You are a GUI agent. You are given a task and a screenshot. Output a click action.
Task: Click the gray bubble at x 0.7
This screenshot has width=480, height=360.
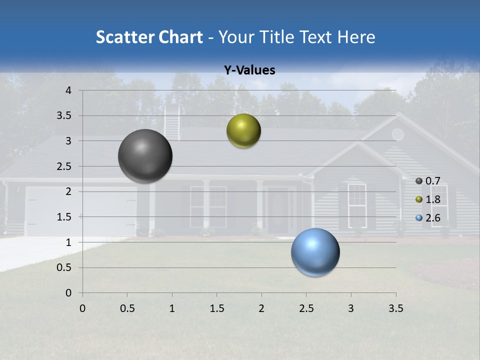(x=145, y=156)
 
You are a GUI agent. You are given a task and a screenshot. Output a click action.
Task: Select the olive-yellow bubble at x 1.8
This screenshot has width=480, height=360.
(x=243, y=131)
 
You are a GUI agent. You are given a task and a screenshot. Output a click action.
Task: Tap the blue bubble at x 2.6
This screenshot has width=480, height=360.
(x=315, y=252)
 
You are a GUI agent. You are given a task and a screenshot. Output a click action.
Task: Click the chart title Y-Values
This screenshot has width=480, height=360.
(x=249, y=70)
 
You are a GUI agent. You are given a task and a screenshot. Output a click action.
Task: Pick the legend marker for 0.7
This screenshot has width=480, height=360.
(x=419, y=181)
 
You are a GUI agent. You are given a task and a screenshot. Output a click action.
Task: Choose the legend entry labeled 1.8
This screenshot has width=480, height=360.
(x=432, y=199)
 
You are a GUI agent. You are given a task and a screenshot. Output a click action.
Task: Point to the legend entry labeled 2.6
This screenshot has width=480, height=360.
(x=432, y=218)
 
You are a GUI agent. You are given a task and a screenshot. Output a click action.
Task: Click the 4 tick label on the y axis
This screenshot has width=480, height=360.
(x=68, y=90)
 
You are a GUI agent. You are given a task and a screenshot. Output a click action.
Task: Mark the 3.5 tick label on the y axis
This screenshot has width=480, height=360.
(x=64, y=115)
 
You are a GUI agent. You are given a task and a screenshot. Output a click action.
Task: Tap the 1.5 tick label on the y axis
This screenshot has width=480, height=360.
(x=64, y=217)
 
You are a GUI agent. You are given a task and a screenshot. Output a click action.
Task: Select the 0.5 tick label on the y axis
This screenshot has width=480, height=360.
(x=64, y=267)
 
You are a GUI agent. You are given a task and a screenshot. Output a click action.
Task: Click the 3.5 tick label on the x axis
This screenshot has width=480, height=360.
(x=395, y=308)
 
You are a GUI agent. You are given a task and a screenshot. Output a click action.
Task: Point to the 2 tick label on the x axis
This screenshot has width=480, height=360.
(x=261, y=308)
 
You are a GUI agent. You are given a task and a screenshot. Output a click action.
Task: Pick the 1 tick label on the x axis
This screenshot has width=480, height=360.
(x=172, y=308)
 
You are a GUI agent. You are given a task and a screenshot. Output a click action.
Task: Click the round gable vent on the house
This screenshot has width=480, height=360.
(x=397, y=134)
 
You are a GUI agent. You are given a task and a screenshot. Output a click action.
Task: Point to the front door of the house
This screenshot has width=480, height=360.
(x=278, y=210)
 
